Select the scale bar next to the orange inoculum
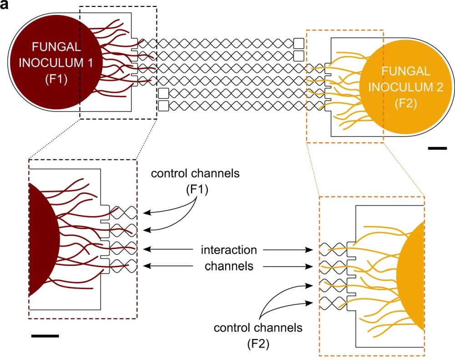(x=438, y=148)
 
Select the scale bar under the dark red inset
(x=45, y=336)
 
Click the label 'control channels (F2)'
(x=258, y=335)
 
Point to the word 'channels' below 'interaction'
(x=229, y=266)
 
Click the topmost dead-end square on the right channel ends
(x=299, y=43)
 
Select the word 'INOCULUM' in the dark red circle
(x=51, y=63)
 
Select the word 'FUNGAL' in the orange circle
(x=399, y=71)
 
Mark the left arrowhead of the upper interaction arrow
(x=147, y=249)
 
